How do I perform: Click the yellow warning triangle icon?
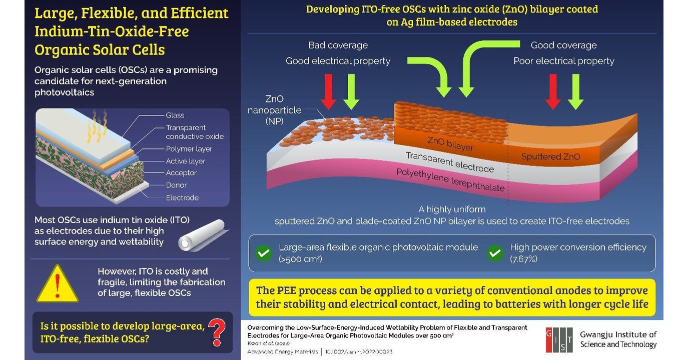[58, 284]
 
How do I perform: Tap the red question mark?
[217, 330]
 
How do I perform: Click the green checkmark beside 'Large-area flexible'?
[264, 253]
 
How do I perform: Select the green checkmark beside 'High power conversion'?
[495, 253]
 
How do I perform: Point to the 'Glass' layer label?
[175, 115]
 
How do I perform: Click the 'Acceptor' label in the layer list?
[181, 173]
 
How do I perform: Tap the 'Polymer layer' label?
[189, 149]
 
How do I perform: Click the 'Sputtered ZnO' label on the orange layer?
[550, 157]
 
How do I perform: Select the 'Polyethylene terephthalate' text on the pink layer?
[450, 180]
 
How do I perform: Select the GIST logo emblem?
[559, 339]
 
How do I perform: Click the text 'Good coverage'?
[563, 45]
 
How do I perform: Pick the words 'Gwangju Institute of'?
[618, 334]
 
